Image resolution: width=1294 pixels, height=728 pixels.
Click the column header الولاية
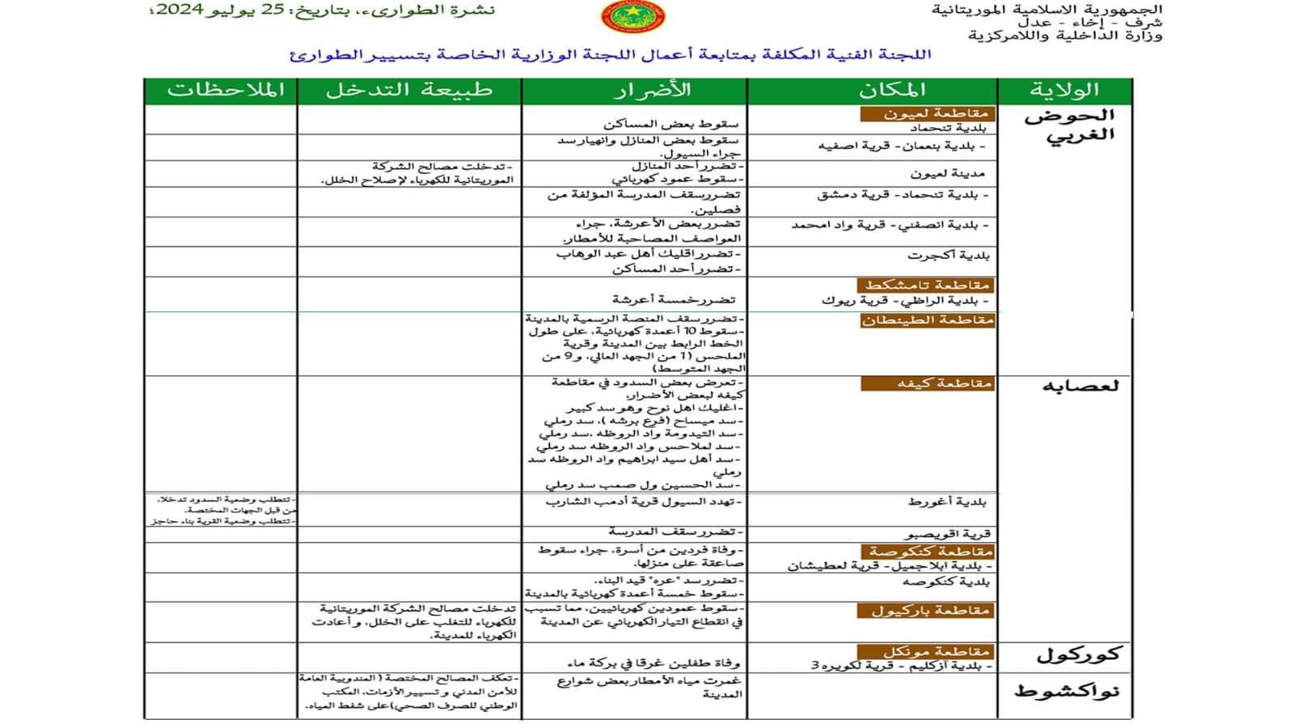click(1064, 91)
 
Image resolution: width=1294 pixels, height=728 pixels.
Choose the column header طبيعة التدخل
click(409, 91)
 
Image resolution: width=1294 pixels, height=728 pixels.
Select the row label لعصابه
click(1080, 386)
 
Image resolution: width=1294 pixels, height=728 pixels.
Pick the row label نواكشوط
click(1067, 692)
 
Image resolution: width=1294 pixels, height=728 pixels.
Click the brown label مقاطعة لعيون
click(926, 114)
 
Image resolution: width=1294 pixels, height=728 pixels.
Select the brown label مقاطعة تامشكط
click(926, 285)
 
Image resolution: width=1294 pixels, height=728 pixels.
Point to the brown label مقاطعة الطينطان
click(927, 320)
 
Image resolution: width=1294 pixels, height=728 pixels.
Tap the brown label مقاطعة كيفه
click(927, 383)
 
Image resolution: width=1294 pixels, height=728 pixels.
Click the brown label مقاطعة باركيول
click(924, 611)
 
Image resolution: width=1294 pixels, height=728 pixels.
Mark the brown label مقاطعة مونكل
click(924, 651)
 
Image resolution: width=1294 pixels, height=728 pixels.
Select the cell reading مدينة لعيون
click(947, 174)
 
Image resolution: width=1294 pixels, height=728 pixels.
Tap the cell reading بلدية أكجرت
click(948, 256)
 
